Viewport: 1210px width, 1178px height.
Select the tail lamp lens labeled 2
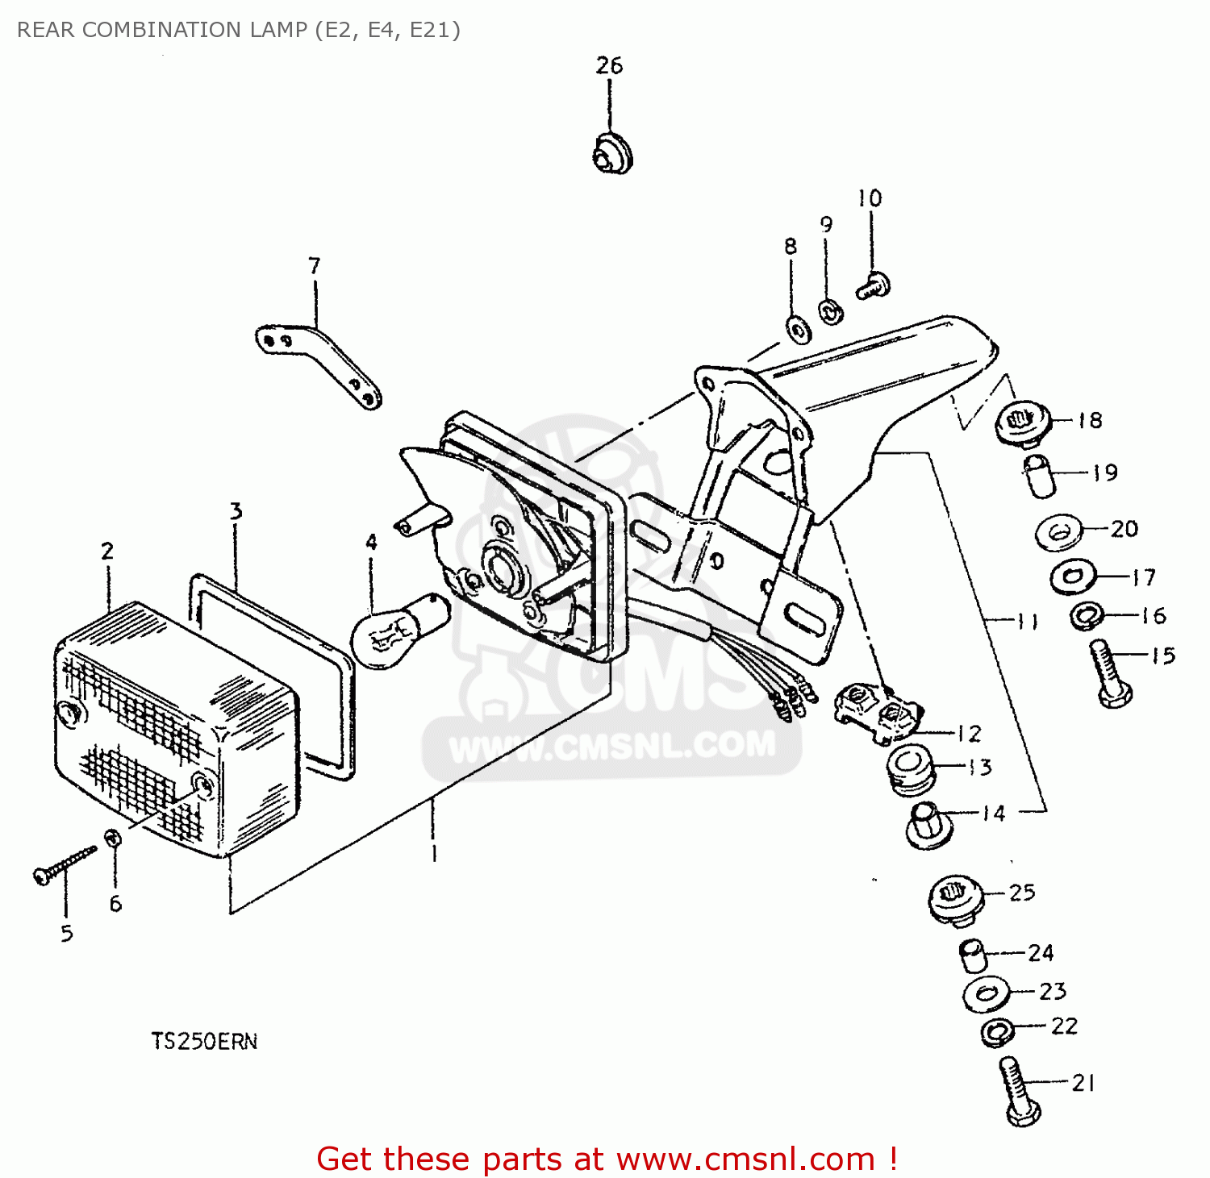pyautogui.click(x=173, y=730)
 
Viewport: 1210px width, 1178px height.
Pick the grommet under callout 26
pyautogui.click(x=612, y=153)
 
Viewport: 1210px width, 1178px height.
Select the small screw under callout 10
pyautogui.click(x=874, y=286)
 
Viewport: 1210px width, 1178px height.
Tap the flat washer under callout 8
pyautogui.click(x=798, y=328)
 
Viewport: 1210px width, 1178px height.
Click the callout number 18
pyautogui.click(x=1090, y=420)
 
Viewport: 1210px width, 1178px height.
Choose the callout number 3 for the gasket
pyautogui.click(x=236, y=511)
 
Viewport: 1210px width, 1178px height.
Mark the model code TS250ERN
pyautogui.click(x=204, y=1041)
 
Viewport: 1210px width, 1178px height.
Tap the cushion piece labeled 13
pyautogui.click(x=910, y=769)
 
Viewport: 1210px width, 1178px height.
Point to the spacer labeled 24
pyautogui.click(x=973, y=956)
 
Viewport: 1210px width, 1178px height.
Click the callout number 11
pyautogui.click(x=1027, y=621)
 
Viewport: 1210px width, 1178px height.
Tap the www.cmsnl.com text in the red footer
pyautogui.click(x=745, y=1159)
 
